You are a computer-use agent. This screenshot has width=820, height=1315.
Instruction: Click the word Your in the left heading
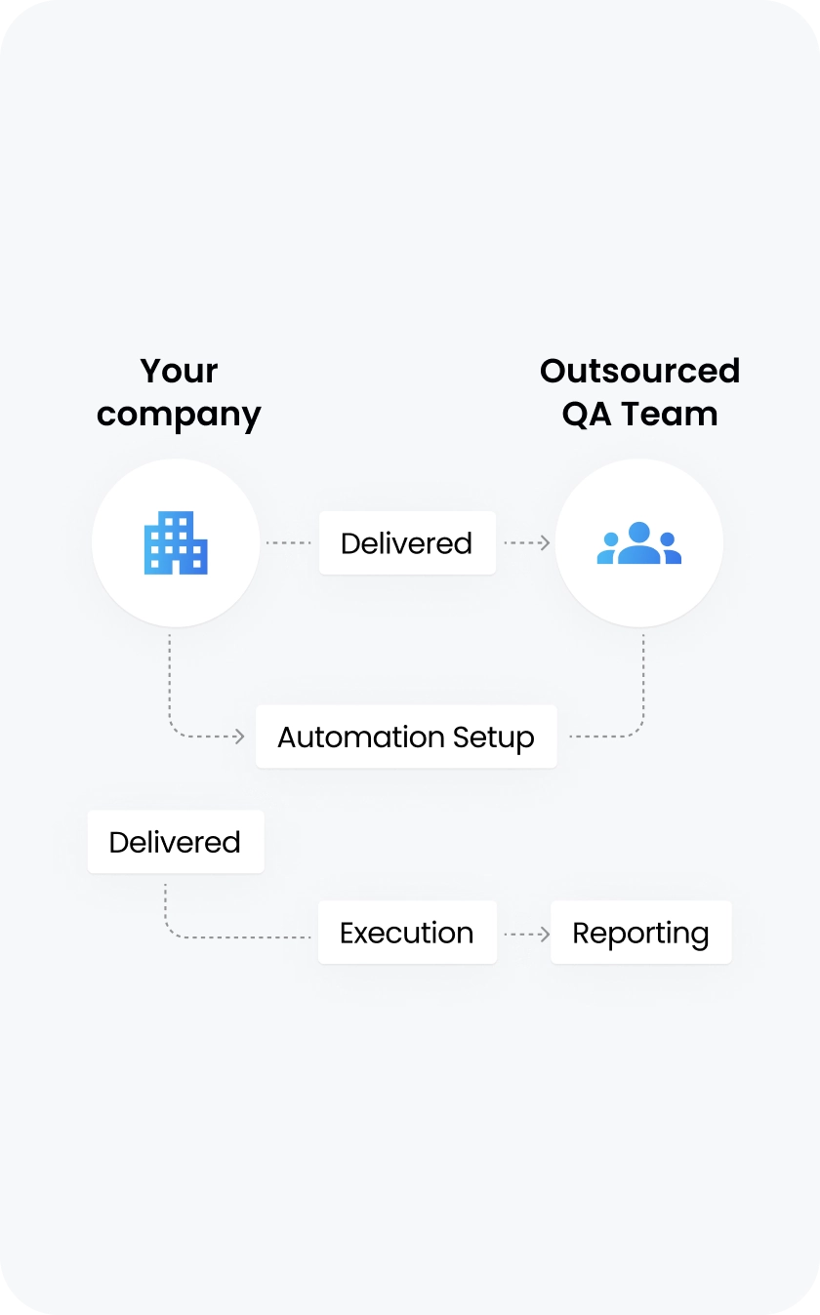(179, 371)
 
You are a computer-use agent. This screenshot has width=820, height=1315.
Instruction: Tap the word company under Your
(179, 416)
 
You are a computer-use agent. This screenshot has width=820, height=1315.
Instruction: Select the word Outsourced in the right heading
(639, 371)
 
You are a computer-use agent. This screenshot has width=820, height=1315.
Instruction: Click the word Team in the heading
(669, 414)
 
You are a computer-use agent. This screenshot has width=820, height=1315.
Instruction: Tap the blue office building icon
(176, 542)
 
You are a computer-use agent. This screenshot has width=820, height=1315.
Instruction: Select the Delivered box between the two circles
(407, 542)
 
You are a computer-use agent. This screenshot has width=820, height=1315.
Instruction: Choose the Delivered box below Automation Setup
(176, 842)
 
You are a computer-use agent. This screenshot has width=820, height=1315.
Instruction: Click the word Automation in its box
(347, 737)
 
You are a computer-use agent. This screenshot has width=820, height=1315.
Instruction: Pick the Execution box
(407, 933)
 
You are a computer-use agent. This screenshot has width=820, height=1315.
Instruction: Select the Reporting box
(640, 933)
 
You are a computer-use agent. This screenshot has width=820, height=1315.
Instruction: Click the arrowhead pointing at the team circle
(545, 542)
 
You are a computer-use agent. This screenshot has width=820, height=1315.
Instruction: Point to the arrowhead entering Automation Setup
(239, 737)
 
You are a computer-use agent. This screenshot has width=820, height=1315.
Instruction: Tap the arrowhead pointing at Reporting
(544, 935)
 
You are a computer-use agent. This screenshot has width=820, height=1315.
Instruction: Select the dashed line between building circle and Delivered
(289, 542)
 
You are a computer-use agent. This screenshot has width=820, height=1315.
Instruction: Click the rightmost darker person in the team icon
(669, 547)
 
